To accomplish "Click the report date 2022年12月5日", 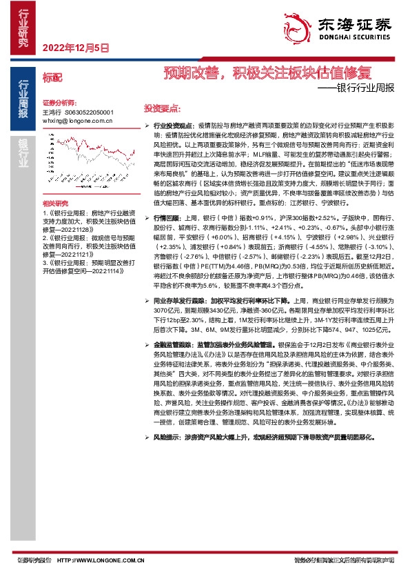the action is tap(76, 48).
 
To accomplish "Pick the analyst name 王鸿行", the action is tap(52, 111).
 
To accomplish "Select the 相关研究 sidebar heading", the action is tap(56, 204).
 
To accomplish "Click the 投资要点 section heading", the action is tap(161, 108).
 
